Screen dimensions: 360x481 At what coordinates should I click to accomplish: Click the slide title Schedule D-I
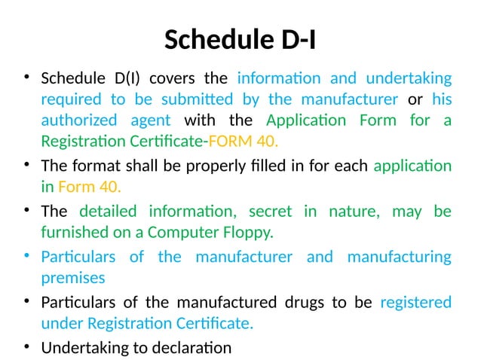(x=240, y=39)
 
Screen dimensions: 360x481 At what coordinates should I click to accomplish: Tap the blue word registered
(x=415, y=303)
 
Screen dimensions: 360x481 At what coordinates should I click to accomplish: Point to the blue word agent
(x=151, y=120)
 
